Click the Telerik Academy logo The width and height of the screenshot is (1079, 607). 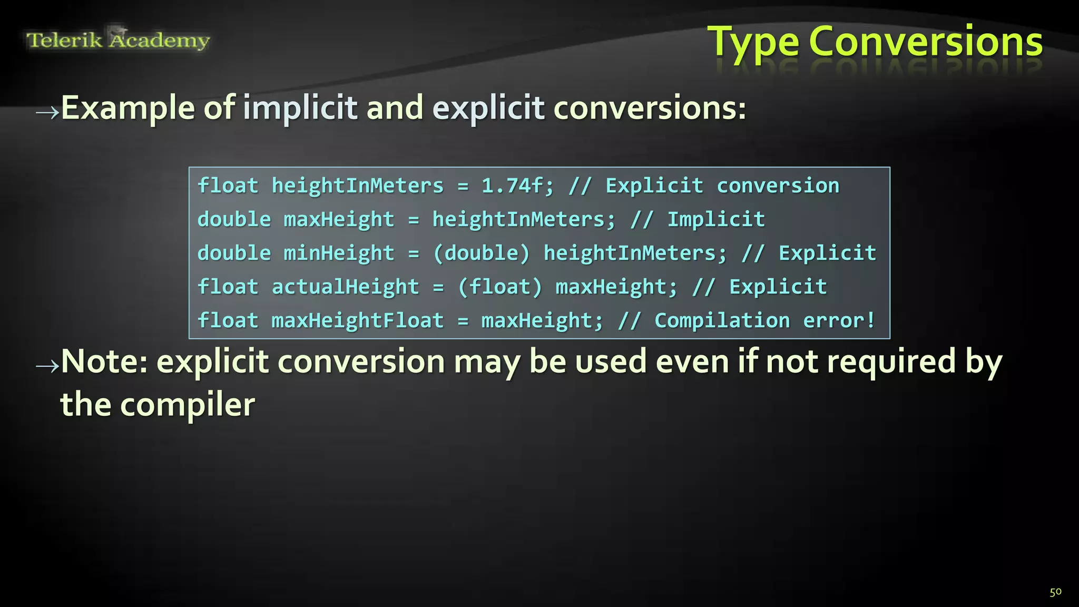coord(118,40)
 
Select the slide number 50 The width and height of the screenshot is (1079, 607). coord(1055,592)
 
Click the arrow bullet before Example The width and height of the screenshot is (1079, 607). coord(47,112)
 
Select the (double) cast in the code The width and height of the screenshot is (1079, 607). coord(481,253)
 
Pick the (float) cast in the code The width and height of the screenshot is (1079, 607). coord(499,287)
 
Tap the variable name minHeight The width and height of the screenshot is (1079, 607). coord(339,253)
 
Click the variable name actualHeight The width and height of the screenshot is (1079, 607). coord(345,287)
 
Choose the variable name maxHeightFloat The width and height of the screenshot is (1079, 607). coord(357,320)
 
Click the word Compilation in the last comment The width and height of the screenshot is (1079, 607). coord(722,320)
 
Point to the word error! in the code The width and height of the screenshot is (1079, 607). coord(839,320)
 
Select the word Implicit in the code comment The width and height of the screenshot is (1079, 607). coord(716,219)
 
